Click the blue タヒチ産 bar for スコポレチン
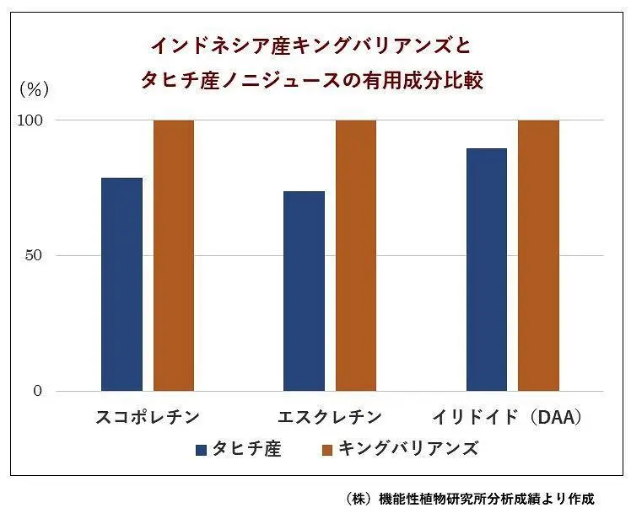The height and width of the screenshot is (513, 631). click(x=121, y=284)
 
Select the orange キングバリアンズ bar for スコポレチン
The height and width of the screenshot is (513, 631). click(x=174, y=255)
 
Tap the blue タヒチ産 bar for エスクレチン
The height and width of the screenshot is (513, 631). click(x=304, y=291)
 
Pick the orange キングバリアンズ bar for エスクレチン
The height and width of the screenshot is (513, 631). click(x=356, y=255)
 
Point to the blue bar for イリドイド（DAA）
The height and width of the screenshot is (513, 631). click(x=486, y=270)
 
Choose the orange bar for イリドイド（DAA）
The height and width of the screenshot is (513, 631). click(x=538, y=255)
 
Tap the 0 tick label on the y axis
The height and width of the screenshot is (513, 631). click(x=38, y=392)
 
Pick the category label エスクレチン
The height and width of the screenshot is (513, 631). click(x=330, y=417)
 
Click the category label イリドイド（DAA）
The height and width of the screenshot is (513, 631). click(x=508, y=417)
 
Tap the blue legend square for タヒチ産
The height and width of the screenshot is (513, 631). click(x=201, y=449)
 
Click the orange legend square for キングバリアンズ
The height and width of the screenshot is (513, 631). click(x=328, y=449)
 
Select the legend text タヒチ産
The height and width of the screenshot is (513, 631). click(x=246, y=448)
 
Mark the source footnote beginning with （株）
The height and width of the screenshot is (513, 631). click(x=471, y=499)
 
